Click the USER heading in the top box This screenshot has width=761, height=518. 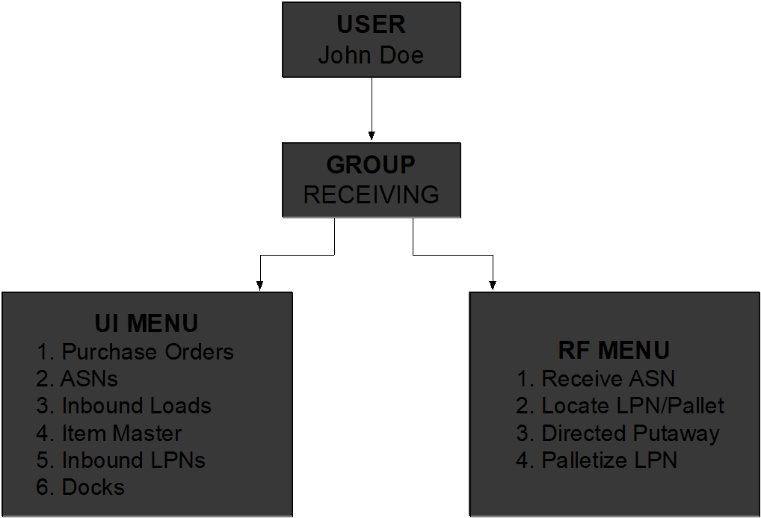point(371,24)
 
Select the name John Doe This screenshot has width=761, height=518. point(371,55)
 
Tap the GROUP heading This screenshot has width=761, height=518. point(371,164)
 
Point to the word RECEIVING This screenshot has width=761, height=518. point(371,194)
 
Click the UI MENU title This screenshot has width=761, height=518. point(147,323)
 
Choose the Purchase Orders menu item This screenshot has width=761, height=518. point(147,351)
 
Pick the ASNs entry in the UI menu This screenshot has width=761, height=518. point(89,378)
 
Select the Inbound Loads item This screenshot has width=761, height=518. point(136,406)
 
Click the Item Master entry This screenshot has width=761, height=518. point(121,433)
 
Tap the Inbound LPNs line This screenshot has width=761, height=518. point(133,460)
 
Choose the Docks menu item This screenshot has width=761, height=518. point(93,487)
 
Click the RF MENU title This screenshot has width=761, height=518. point(614,350)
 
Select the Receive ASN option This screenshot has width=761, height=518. point(608,378)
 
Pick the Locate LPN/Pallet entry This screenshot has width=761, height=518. point(632,406)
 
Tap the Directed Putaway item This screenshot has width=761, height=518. point(630,433)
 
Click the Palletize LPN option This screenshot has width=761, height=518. point(609,460)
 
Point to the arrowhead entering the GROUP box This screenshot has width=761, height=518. point(372,137)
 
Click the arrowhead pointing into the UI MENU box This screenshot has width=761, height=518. point(259,286)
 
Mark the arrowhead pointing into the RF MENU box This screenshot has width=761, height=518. point(493,286)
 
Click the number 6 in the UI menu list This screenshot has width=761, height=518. point(42,487)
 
